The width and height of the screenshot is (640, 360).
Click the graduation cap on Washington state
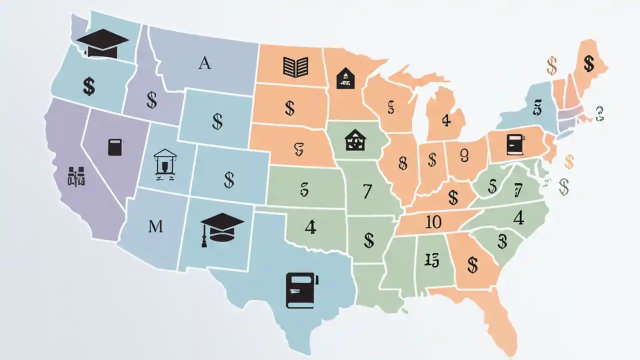(102, 43)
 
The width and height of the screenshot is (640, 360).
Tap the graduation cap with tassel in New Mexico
(222, 227)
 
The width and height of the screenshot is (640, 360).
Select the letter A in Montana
(204, 63)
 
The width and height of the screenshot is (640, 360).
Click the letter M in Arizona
(156, 226)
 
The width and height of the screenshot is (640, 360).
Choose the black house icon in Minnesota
(345, 78)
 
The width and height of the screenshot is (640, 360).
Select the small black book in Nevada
(115, 147)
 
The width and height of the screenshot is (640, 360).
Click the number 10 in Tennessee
(433, 222)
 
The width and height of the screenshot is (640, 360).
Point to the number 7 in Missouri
(367, 191)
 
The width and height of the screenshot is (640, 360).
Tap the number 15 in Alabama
(431, 259)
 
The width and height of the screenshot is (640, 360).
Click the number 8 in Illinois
(403, 162)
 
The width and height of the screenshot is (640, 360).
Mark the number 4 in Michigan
(446, 120)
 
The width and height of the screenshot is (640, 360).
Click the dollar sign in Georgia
(472, 264)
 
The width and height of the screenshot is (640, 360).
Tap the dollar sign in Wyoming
(217, 121)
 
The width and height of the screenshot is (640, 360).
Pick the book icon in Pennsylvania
(514, 144)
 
